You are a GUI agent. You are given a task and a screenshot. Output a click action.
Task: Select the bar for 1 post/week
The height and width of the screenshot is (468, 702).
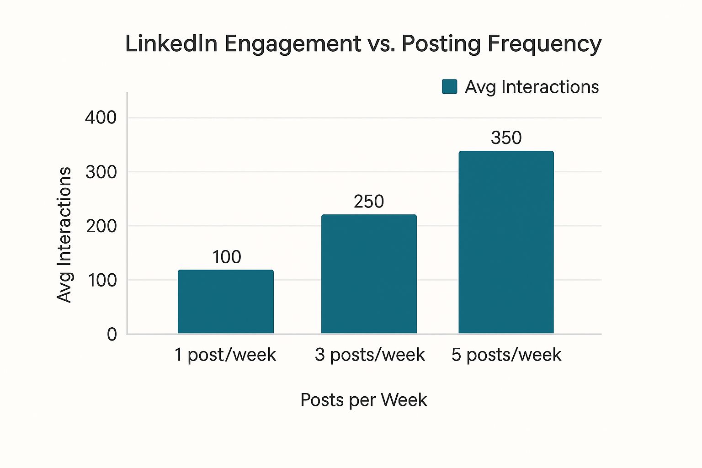click(226, 302)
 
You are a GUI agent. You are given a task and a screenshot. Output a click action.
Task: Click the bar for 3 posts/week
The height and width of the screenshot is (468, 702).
click(369, 274)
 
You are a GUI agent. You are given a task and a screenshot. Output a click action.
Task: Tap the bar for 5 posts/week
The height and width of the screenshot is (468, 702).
click(506, 242)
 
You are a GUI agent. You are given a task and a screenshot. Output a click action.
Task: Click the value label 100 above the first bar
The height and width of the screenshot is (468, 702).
click(227, 257)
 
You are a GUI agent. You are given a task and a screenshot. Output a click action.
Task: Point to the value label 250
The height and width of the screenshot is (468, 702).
click(369, 202)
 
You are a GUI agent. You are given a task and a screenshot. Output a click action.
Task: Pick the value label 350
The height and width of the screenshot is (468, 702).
click(506, 138)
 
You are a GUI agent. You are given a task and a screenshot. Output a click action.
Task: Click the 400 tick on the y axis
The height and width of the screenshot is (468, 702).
click(101, 117)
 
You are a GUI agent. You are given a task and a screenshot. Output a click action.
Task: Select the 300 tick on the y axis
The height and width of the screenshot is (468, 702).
click(101, 172)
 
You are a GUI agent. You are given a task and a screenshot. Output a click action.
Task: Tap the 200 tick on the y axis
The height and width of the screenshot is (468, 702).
click(101, 226)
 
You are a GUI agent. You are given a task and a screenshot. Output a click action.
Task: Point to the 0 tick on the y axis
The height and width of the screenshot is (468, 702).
click(112, 334)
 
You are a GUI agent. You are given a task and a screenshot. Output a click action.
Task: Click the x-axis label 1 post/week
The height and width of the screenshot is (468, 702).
click(225, 355)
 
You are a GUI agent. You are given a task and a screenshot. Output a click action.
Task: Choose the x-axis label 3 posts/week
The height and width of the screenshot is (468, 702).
click(370, 355)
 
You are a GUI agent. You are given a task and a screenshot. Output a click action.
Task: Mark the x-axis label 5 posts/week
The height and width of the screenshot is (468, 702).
click(506, 355)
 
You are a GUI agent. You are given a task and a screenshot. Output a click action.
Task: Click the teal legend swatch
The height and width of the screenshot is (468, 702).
click(450, 87)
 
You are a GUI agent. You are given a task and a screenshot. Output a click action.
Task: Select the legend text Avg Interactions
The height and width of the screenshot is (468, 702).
click(532, 87)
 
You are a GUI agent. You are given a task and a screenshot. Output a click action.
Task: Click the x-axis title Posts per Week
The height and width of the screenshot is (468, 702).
click(363, 400)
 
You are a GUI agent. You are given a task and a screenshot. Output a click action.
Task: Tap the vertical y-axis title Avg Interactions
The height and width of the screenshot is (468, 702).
click(64, 235)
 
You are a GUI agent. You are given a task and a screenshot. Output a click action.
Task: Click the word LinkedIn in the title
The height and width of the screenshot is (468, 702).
click(171, 44)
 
